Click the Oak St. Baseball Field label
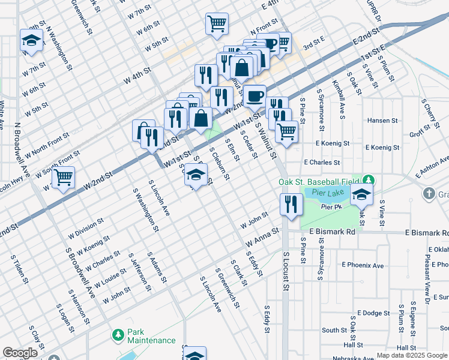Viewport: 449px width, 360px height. [319, 182]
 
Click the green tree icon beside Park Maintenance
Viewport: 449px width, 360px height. [118, 333]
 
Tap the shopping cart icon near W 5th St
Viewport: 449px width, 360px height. [217, 24]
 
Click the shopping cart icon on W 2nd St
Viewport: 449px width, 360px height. [63, 178]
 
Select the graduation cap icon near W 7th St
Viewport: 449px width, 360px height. [31, 40]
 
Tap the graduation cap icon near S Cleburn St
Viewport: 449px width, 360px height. [195, 174]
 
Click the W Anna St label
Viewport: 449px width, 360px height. [262, 236]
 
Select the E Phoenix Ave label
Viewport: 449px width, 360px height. [362, 265]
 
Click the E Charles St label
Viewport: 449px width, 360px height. [322, 162]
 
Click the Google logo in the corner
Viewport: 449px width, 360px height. [20, 353]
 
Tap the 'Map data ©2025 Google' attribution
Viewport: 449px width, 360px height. [412, 355]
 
